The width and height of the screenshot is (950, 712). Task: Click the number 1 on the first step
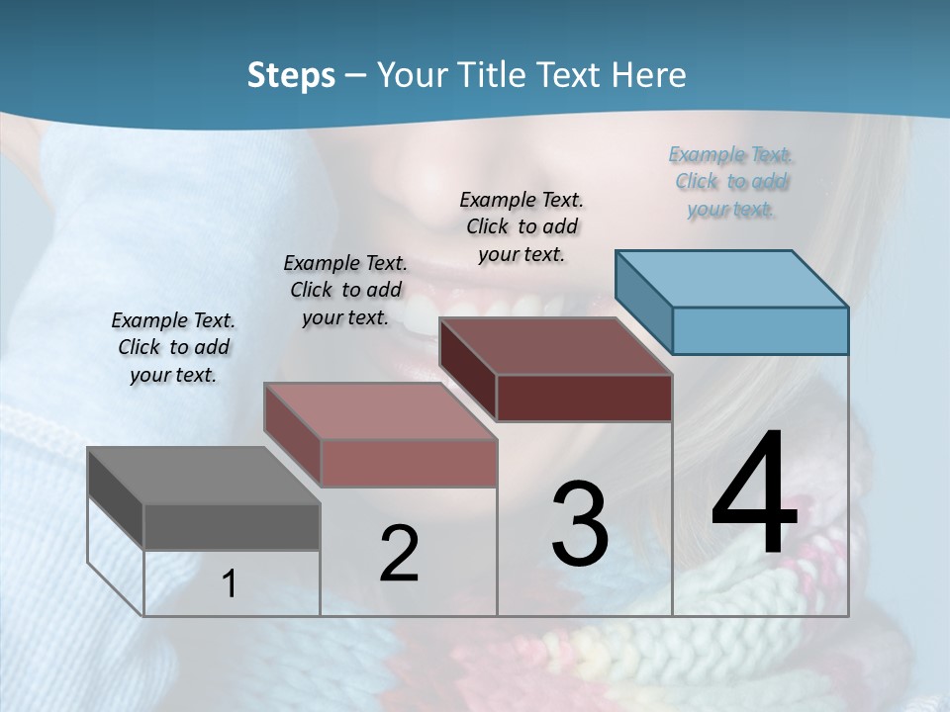(230, 584)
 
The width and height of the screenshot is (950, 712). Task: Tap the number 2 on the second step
(399, 554)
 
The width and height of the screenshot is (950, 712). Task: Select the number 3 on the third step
(580, 523)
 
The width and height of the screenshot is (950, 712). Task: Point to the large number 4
(754, 493)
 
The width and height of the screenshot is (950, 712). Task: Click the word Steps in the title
(291, 75)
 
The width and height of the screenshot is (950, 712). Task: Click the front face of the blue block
(760, 330)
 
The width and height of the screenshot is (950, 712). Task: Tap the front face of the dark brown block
(584, 398)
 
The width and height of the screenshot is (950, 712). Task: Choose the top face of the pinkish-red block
(380, 411)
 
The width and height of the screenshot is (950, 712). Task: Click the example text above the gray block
(173, 347)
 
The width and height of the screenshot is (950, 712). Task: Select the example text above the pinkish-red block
(345, 290)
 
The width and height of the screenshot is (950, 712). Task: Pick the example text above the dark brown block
(522, 226)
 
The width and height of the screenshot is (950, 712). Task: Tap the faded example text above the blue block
(730, 181)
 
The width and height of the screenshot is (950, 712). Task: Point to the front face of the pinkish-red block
(408, 463)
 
